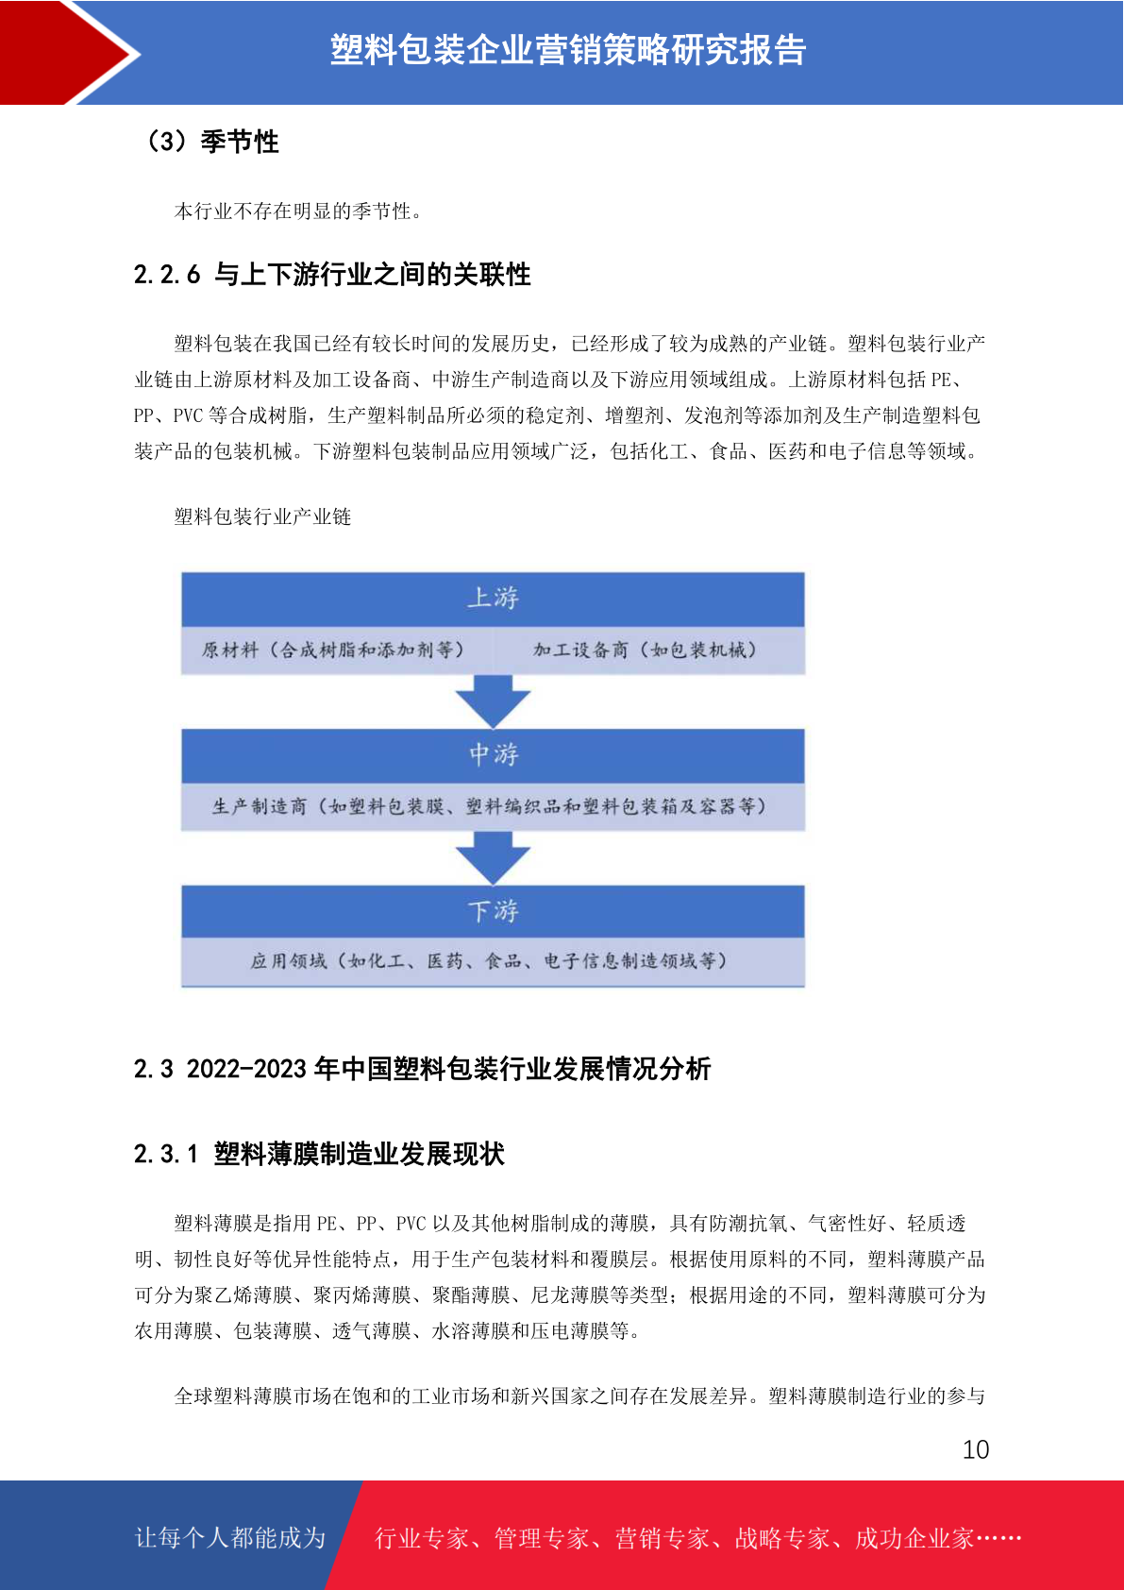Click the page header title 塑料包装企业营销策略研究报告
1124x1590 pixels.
pos(568,50)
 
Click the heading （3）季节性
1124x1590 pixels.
pos(212,142)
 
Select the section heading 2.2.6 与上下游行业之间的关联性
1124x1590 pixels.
pos(332,274)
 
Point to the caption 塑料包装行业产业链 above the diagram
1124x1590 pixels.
pos(262,516)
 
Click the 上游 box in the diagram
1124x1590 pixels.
pos(493,600)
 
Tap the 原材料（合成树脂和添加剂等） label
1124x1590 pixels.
pos(332,650)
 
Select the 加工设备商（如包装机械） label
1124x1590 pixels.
pos(645,650)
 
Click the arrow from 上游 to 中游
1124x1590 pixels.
pos(493,702)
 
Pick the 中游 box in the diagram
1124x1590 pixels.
pos(493,756)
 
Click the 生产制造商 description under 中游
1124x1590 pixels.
pos(489,806)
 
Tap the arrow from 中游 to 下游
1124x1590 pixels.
pos(493,857)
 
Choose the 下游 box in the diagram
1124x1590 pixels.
pos(493,911)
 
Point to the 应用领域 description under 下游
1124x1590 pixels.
pos(489,961)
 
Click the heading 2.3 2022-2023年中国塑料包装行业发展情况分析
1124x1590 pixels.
pos(422,1068)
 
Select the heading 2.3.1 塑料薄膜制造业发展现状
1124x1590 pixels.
pos(319,1154)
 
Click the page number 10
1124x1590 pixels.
pos(976,1449)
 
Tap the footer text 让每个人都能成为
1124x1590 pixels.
pos(230,1537)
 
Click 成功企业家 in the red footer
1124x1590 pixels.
pos(914,1538)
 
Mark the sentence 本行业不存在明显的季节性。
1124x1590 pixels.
pos(298,211)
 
